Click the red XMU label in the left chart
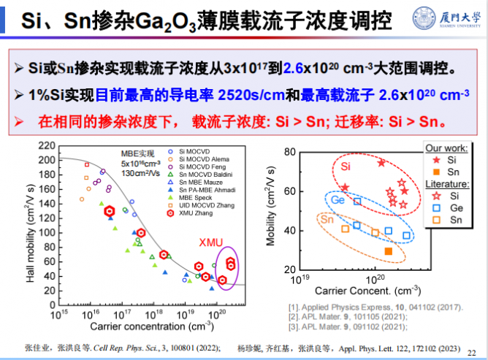(x=212, y=242)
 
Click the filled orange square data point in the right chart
(x=388, y=251)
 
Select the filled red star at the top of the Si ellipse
(x=381, y=163)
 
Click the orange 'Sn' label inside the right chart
(x=327, y=220)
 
